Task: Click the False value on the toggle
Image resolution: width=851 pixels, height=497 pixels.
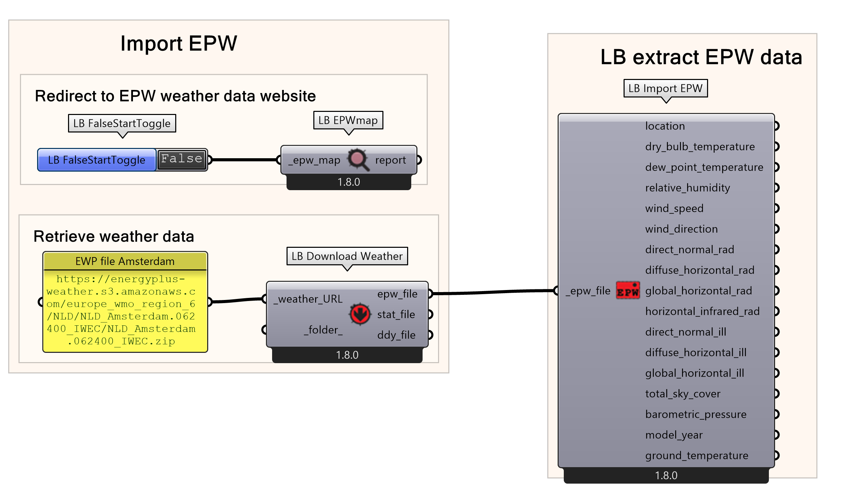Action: pos(182,159)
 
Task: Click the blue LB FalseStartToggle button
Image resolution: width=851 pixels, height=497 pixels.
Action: pos(97,160)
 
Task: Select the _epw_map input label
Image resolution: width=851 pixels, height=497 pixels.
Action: pos(314,160)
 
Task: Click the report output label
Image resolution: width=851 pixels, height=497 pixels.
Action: pos(391,160)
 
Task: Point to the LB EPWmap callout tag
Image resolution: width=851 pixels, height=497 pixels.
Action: pos(348,120)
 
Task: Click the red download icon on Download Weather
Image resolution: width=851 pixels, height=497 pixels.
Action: pos(360,314)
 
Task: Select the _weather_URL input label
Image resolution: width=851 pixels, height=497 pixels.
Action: pos(308,299)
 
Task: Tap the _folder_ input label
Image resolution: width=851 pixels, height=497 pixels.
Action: pos(323,330)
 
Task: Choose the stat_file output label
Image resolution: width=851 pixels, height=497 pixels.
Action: pos(396,314)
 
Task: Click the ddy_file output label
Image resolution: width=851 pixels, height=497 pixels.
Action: pos(396,335)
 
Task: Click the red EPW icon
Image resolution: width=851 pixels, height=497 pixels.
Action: pos(628,291)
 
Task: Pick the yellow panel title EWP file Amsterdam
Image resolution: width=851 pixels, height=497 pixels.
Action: pos(125,261)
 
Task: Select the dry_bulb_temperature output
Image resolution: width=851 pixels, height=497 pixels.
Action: pos(700,147)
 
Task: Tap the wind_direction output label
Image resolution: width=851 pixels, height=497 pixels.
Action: pos(681,229)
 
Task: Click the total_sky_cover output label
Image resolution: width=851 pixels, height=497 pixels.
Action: pos(683,394)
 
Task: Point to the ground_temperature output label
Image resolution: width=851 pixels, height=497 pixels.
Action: pos(697,455)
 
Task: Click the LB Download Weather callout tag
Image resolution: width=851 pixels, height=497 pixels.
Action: pos(347,256)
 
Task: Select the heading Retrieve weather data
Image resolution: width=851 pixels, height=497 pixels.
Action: pos(114,236)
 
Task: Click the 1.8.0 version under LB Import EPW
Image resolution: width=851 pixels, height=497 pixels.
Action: pos(666,475)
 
